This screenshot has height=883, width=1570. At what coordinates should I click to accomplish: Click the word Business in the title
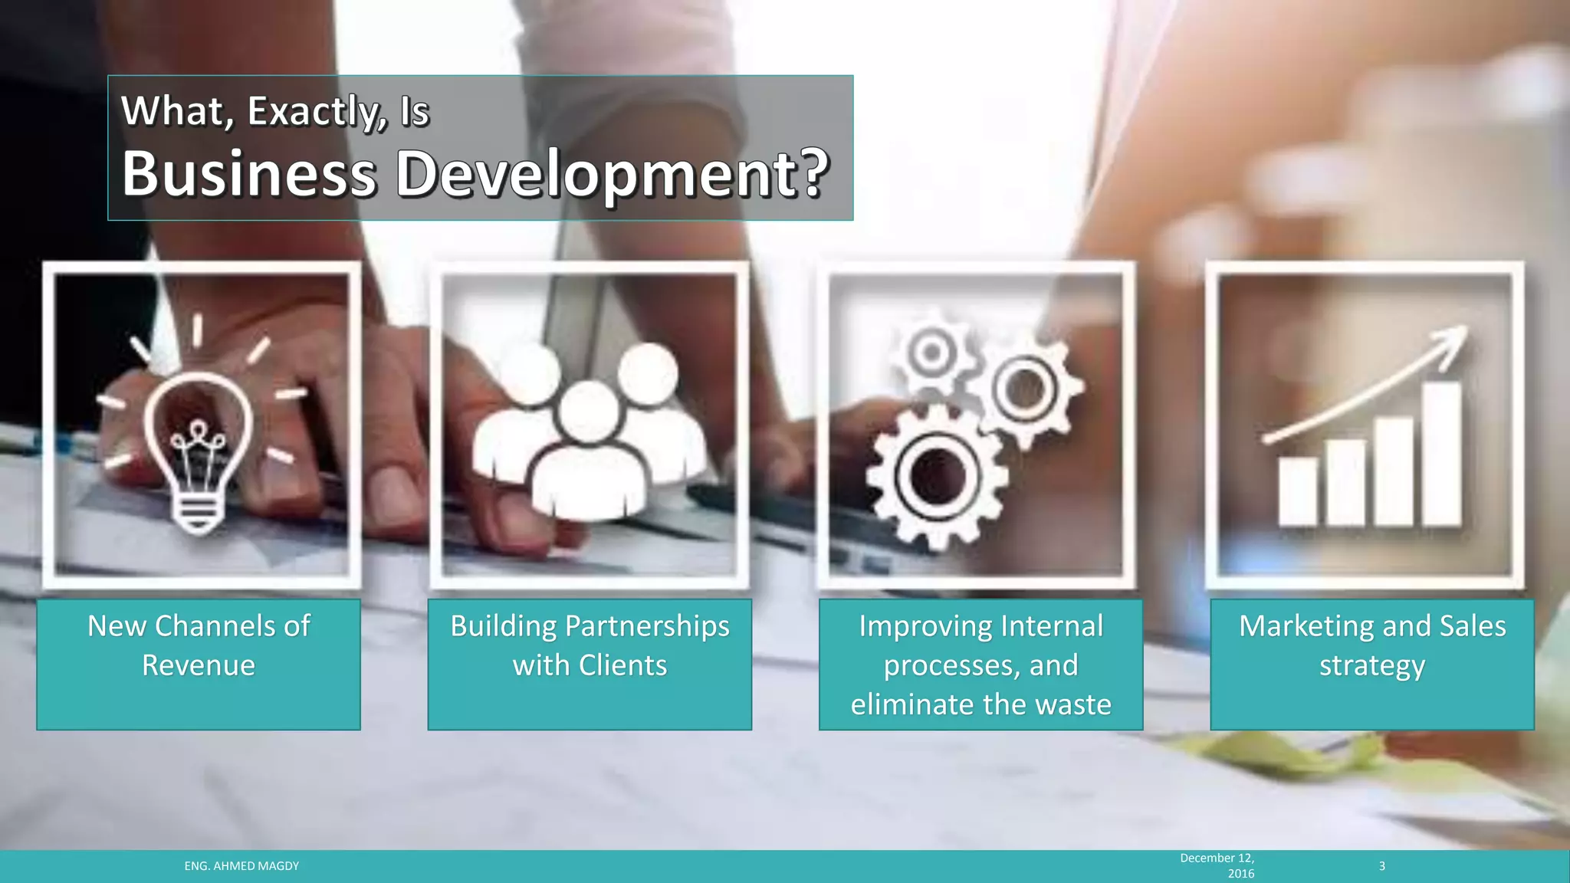pyautogui.click(x=248, y=174)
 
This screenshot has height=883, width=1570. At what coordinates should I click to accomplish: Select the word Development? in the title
pyautogui.click(x=612, y=174)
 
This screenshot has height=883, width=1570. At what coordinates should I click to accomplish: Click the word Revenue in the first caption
pyautogui.click(x=199, y=665)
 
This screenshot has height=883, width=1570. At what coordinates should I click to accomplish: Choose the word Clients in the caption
pyautogui.click(x=622, y=665)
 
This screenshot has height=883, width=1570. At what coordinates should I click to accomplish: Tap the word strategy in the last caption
pyautogui.click(x=1372, y=665)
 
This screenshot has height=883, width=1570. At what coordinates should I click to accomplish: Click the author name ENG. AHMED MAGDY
pyautogui.click(x=241, y=866)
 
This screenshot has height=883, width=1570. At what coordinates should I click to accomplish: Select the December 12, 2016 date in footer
pyautogui.click(x=1217, y=865)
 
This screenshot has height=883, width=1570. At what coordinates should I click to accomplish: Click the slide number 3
pyautogui.click(x=1382, y=866)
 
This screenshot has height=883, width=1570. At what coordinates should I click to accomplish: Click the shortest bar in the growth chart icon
pyautogui.click(x=1298, y=491)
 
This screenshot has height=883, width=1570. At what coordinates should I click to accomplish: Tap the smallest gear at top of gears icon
pyautogui.click(x=932, y=353)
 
